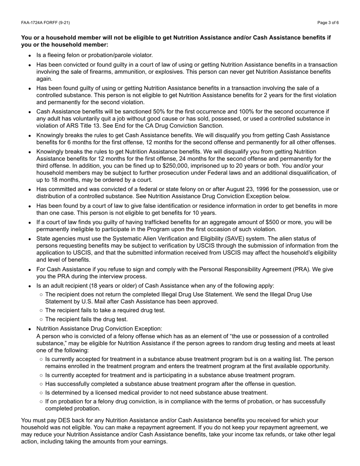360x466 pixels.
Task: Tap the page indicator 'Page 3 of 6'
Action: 328,23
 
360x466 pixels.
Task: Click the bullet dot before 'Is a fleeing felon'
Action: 30,56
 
